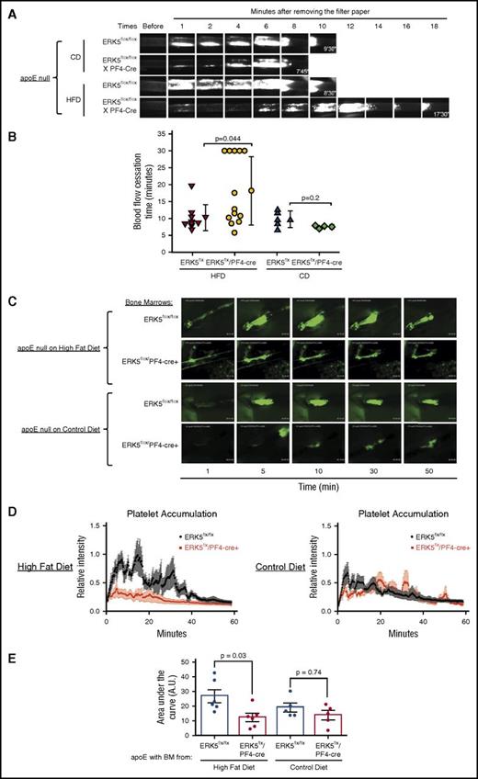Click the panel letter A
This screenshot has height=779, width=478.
coord(7,8)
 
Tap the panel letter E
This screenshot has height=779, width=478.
coord(7,658)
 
